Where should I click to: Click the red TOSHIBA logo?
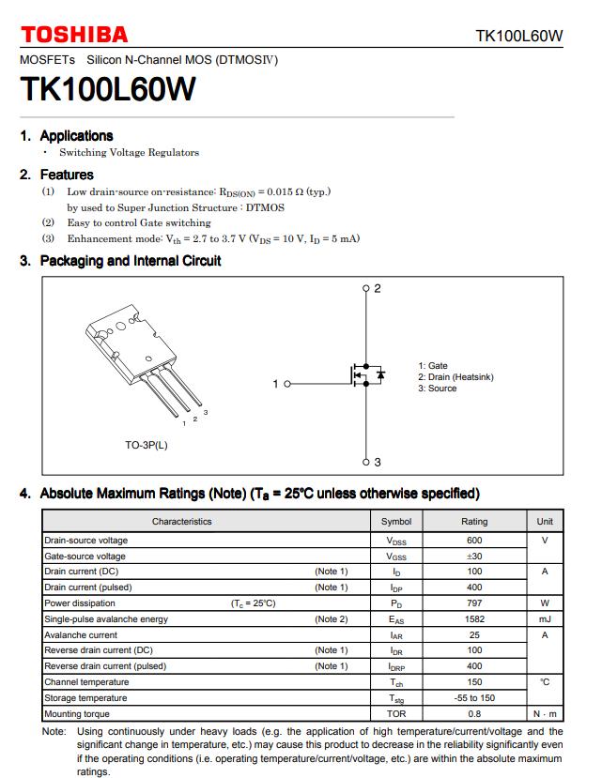(74, 35)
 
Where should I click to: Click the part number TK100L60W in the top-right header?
(518, 37)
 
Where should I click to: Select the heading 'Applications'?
(76, 136)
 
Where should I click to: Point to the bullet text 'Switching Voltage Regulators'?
(129, 152)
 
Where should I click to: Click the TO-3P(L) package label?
(147, 445)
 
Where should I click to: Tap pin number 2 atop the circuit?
(378, 288)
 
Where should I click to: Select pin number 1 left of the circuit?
(276, 384)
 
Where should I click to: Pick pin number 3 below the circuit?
(378, 463)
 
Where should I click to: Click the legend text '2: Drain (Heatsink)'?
(455, 377)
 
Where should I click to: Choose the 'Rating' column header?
(474, 522)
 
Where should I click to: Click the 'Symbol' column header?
(396, 522)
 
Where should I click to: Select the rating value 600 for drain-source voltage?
(474, 541)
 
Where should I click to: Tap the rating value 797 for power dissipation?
(474, 603)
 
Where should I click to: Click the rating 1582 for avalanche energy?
(474, 619)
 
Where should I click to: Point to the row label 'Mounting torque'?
(77, 714)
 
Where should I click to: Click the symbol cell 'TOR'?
(396, 714)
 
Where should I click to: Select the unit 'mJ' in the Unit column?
(545, 619)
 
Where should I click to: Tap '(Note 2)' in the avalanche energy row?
(332, 619)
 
